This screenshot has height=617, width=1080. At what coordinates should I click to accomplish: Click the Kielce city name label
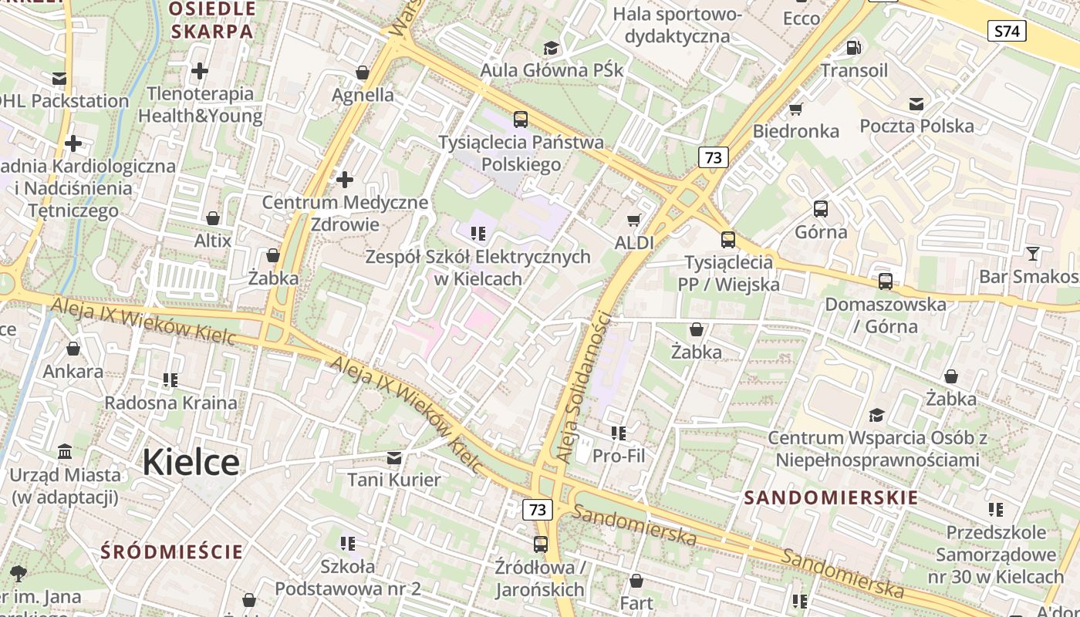191,462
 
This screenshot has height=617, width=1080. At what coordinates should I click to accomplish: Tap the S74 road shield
1007,31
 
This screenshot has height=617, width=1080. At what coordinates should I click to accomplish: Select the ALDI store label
634,242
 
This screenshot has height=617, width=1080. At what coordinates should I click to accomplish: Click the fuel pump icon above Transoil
854,47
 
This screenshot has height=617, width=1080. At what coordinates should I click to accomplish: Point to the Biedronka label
796,131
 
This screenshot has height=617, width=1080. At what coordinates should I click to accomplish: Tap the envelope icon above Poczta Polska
916,104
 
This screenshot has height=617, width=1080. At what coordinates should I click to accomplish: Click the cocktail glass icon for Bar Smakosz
1033,253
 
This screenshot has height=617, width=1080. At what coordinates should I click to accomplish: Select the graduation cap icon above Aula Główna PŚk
551,48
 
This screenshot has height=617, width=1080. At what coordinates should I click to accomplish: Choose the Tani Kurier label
394,480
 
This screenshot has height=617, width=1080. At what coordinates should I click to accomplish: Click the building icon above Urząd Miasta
65,451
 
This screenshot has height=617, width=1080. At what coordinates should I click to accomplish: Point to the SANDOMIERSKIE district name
832,497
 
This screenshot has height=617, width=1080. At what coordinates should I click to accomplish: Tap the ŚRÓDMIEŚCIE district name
172,551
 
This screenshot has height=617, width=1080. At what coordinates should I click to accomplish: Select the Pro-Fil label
619,456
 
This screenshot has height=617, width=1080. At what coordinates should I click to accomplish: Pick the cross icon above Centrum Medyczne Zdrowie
345,180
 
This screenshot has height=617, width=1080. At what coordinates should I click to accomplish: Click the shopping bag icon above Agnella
363,73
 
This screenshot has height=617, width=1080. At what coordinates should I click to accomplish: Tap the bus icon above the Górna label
821,208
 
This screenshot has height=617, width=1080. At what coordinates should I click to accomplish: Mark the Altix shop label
213,241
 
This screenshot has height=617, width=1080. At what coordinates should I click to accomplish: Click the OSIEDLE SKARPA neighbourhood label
212,20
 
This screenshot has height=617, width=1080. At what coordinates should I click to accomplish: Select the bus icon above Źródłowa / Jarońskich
541,545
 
